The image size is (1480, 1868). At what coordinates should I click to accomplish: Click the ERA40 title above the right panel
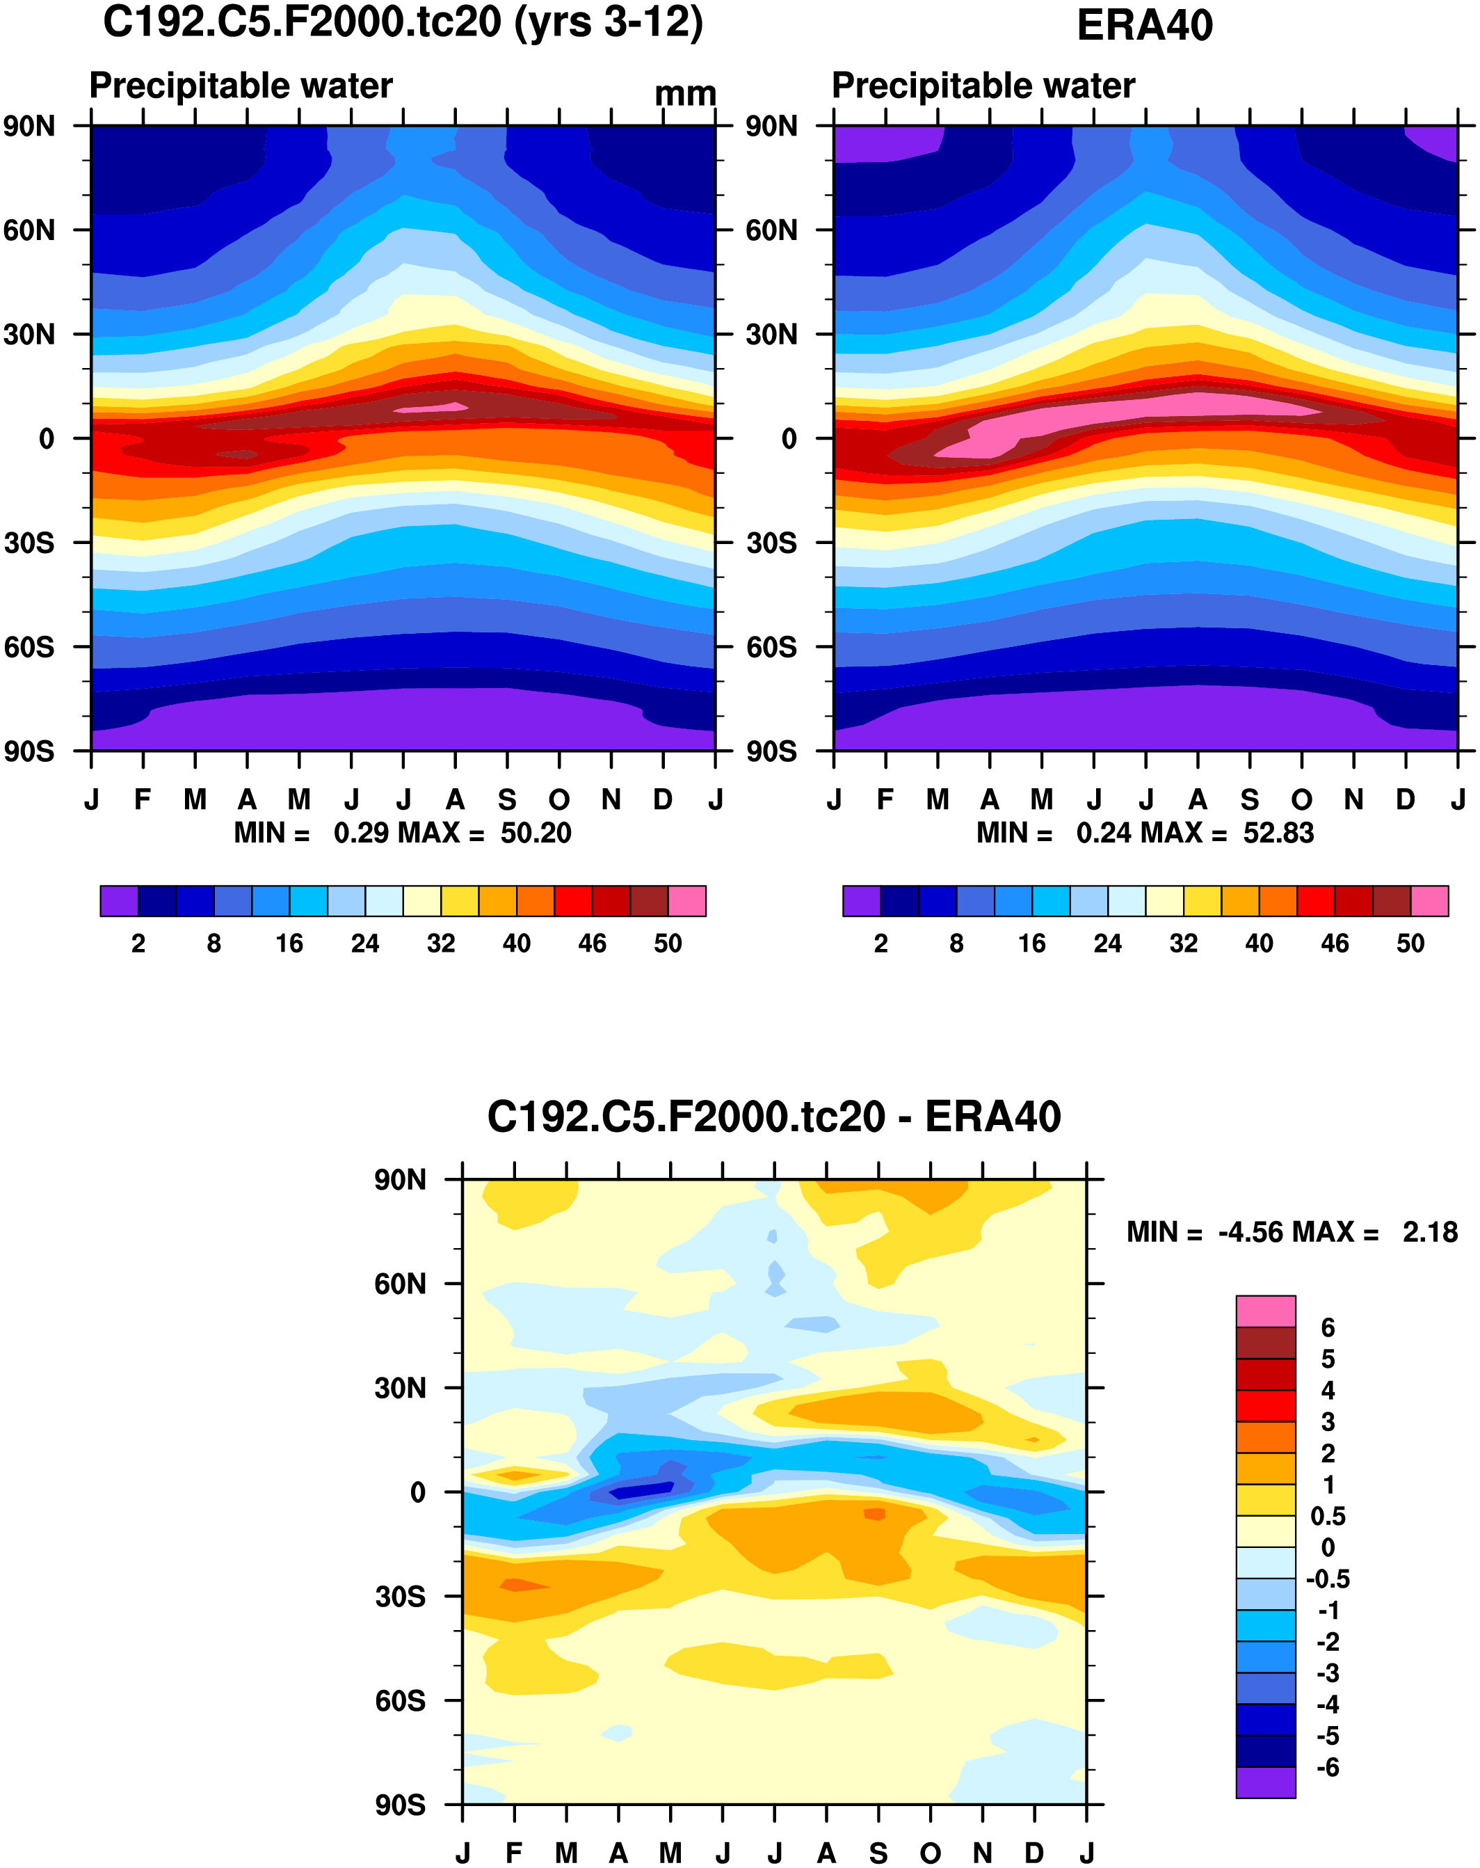1144,25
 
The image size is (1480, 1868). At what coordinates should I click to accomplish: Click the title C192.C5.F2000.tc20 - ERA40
773,1116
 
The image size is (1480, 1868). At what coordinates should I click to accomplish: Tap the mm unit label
685,93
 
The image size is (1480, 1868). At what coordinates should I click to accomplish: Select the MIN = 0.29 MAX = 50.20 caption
403,833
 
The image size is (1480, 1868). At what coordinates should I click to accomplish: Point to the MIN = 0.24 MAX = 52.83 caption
1145,833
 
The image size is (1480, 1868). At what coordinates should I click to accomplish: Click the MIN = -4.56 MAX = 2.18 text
1292,1231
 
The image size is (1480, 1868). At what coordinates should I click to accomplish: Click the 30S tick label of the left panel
29,543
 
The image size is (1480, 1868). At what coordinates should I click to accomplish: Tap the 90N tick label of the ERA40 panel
771,127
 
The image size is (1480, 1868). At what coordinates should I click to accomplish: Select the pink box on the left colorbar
686,901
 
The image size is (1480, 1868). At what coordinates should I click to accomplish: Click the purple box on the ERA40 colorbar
862,901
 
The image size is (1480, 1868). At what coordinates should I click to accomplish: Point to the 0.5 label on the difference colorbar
1328,1515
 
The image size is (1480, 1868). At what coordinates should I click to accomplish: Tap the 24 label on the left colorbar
364,943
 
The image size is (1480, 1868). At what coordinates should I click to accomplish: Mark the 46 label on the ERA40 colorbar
1335,943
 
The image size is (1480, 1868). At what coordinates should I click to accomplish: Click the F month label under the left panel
143,799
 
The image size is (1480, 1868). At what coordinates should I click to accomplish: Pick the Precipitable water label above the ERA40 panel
983,86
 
